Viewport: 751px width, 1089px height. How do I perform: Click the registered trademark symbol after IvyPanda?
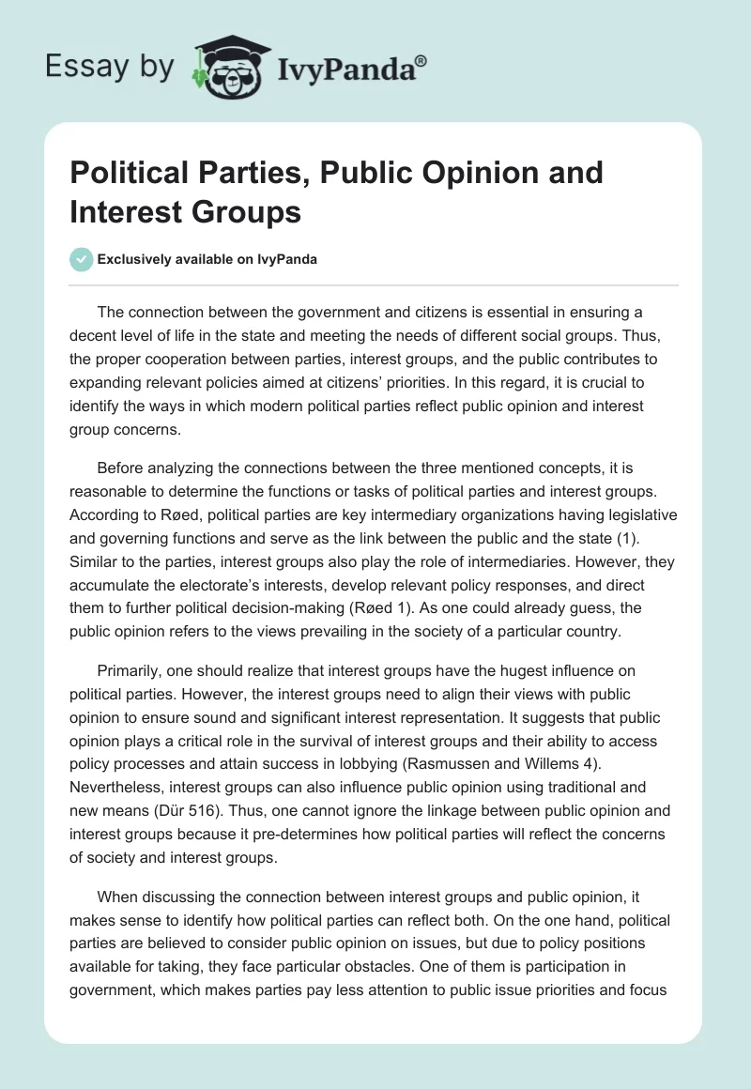coord(421,61)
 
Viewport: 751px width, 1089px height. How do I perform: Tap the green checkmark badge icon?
coord(82,259)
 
